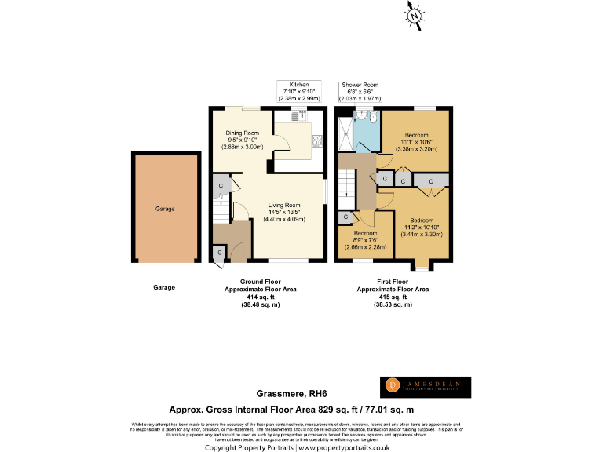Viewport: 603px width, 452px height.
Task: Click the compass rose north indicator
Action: point(415,15)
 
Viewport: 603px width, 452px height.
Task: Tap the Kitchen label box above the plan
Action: point(299,92)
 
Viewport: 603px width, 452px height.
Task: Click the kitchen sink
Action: point(299,116)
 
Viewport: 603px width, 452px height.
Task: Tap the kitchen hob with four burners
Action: point(318,141)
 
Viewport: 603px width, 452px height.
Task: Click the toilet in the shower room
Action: point(360,116)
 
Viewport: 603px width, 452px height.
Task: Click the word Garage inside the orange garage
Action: point(164,209)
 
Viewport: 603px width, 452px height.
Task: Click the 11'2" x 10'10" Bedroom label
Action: point(422,227)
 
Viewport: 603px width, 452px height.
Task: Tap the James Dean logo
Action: point(425,385)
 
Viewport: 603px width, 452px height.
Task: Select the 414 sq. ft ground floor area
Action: point(260,297)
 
